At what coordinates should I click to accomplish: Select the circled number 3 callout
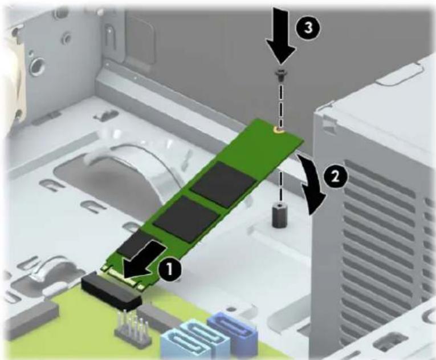point(308,28)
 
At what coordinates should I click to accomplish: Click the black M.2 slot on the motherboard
point(112,292)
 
